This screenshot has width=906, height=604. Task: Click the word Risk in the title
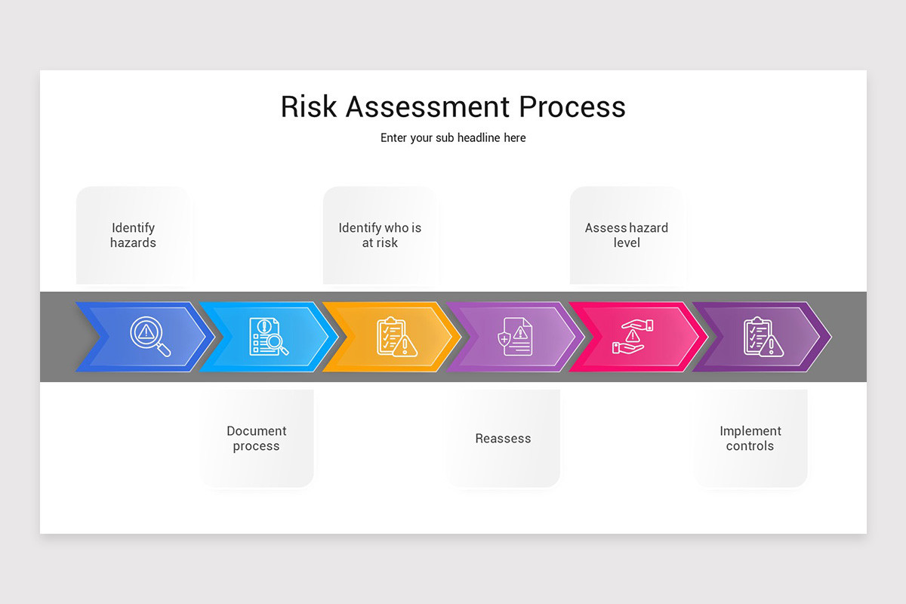[x=310, y=106]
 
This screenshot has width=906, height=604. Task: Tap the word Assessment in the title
[x=428, y=106]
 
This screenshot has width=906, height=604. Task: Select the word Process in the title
[x=572, y=106]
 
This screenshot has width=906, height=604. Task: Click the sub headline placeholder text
[x=453, y=138]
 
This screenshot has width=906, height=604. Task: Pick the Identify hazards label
[x=133, y=235]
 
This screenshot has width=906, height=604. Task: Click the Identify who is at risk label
[x=380, y=235]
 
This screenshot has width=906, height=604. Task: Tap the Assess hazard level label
[x=626, y=235]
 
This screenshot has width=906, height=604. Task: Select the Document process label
[x=257, y=439]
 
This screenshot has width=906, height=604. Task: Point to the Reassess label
[x=503, y=439]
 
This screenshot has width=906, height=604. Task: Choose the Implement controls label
[x=750, y=439]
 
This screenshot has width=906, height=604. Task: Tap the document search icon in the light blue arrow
[x=269, y=337]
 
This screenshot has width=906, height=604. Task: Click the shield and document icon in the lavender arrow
[x=515, y=337]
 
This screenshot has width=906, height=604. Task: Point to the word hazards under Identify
[x=133, y=243]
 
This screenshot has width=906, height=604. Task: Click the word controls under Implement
[x=750, y=446]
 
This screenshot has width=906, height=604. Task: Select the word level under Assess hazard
[x=627, y=243]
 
